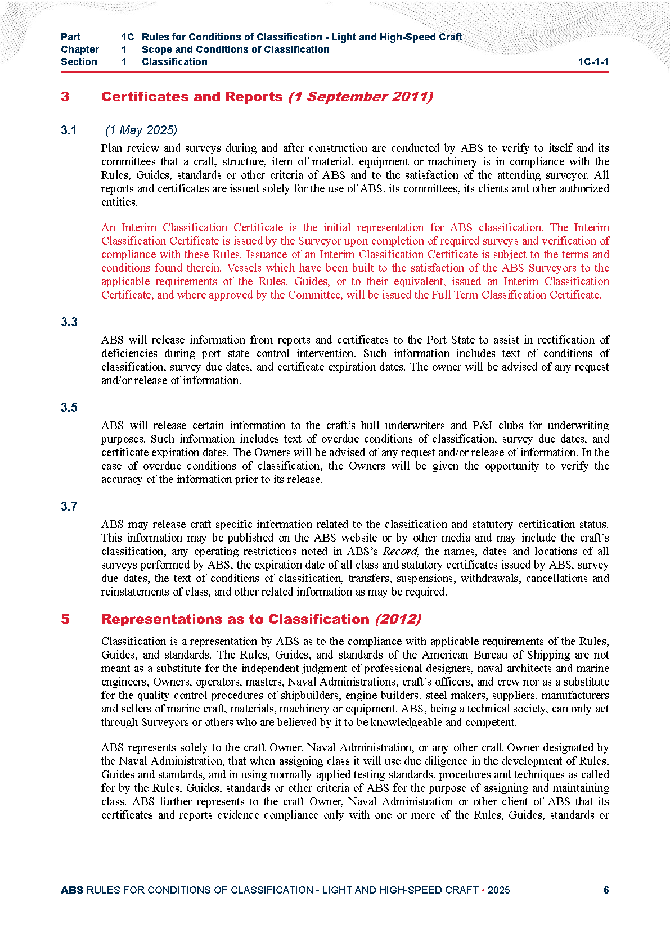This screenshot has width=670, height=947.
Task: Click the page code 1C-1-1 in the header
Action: pos(593,62)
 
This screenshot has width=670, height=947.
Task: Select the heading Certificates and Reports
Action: pos(191,97)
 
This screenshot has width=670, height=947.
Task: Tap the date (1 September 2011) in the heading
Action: pos(361,97)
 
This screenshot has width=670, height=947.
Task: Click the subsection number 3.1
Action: pos(69,130)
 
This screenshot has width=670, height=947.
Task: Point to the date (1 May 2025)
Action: pos(141,130)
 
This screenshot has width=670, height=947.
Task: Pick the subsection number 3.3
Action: pos(69,322)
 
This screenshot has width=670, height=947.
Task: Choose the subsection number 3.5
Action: pos(69,408)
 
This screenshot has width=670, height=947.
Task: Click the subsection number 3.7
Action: pos(69,507)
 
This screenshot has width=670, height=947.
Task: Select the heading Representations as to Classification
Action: pos(235,619)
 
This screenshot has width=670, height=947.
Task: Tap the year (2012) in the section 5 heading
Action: pos(398,619)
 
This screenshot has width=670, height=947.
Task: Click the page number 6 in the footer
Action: pos(606,890)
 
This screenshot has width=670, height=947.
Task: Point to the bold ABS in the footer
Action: pos(72,890)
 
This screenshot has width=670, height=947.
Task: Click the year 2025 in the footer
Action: pos(498,890)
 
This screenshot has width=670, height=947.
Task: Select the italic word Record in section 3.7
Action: pos(400,551)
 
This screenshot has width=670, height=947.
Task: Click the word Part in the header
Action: pos(70,37)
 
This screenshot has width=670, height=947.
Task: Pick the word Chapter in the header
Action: pos(80,49)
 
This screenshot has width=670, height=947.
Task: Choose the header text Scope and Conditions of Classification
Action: pos(235,49)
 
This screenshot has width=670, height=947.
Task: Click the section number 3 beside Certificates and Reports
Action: pos(65,97)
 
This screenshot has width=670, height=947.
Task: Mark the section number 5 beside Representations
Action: pos(65,619)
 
